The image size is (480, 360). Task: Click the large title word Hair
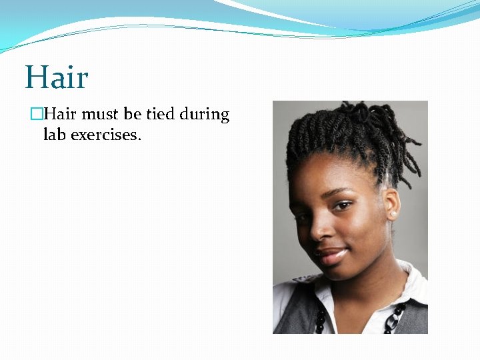pyautogui.click(x=57, y=77)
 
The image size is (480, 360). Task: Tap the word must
pyautogui.click(x=101, y=115)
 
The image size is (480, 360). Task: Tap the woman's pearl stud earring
pyautogui.click(x=393, y=214)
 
